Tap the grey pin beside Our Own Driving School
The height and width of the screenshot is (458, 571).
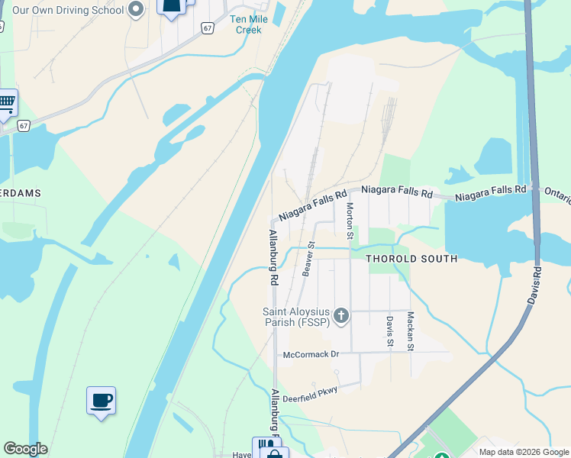click(x=136, y=10)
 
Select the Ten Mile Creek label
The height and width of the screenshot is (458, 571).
click(x=247, y=24)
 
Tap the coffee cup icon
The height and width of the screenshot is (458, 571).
click(x=102, y=399)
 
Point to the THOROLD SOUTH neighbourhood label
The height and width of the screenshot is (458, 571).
click(x=411, y=259)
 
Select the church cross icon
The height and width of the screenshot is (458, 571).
click(x=341, y=314)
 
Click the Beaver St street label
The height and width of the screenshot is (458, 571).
click(x=308, y=259)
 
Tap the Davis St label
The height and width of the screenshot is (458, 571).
click(x=389, y=331)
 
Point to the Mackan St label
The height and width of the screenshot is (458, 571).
click(x=410, y=331)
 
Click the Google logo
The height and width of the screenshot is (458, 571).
click(x=26, y=449)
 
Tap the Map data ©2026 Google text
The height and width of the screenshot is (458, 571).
click(x=523, y=452)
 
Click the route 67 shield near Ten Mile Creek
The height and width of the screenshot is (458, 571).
click(x=207, y=27)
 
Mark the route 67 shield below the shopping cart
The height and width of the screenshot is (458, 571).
click(x=24, y=126)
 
